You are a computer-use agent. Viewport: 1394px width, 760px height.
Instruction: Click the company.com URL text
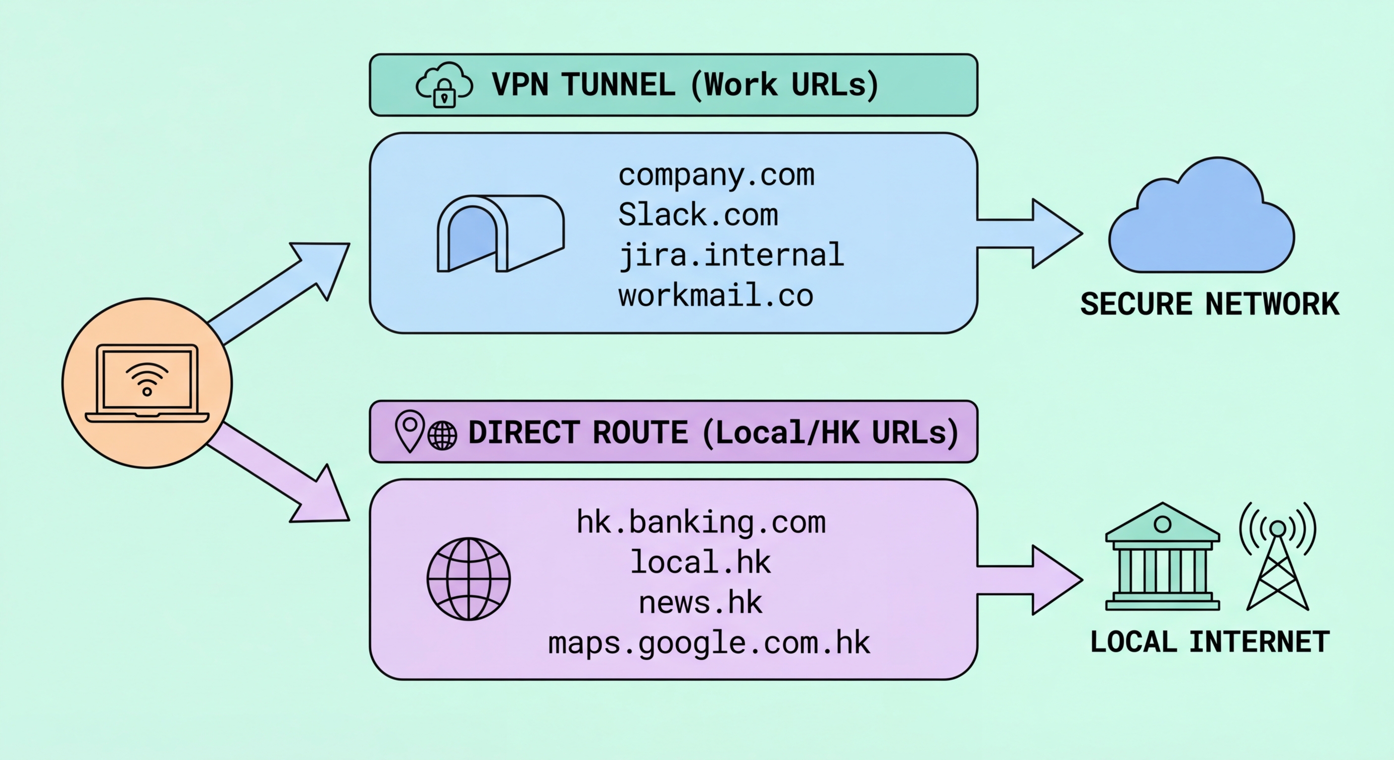(x=716, y=175)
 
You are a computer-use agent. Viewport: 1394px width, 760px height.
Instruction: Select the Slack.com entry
(x=698, y=215)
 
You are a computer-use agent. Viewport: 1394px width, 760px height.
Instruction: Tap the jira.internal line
(x=731, y=255)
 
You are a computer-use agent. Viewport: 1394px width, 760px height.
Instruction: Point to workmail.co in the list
(x=715, y=296)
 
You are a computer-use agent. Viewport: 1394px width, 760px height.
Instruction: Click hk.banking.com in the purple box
(x=701, y=522)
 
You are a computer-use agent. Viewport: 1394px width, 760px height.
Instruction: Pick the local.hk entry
(x=700, y=563)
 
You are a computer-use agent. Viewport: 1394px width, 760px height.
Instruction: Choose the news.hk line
(x=700, y=603)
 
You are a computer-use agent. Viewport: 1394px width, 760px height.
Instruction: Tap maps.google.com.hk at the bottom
(x=709, y=644)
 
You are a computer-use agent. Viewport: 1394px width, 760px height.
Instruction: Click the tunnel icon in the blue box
(x=500, y=234)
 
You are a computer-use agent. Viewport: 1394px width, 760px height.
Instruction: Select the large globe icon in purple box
(x=469, y=578)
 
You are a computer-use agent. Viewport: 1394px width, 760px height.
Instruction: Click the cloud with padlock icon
(x=444, y=86)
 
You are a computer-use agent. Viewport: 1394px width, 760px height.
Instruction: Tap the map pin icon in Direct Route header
(x=410, y=430)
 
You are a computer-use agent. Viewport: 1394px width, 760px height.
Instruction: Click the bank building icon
(x=1162, y=557)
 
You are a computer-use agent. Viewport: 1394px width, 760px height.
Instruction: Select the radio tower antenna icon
(x=1278, y=557)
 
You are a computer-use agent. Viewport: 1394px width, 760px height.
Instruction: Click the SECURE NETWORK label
(x=1209, y=304)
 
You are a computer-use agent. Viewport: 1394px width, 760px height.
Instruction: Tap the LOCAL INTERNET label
(x=1209, y=642)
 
